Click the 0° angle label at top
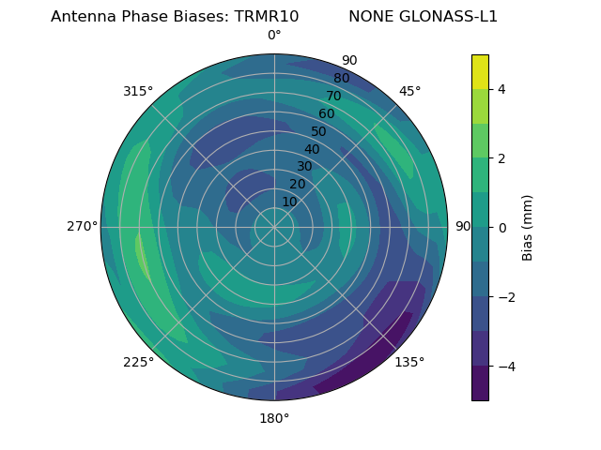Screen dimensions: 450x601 (x=274, y=36)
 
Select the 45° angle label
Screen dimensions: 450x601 (x=409, y=91)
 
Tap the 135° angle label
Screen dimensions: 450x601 (x=409, y=362)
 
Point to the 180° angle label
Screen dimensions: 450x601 (x=274, y=418)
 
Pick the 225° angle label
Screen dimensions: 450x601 (x=138, y=363)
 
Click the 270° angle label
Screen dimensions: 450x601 (x=82, y=226)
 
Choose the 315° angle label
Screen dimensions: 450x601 (x=138, y=91)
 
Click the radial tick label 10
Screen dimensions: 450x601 (x=289, y=202)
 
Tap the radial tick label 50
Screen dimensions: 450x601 (x=319, y=131)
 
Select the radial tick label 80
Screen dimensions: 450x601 (x=341, y=79)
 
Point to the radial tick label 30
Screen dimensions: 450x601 (x=304, y=166)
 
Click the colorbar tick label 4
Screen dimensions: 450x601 (x=502, y=89)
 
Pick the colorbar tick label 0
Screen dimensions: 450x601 (x=502, y=228)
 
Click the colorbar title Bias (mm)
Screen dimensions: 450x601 (x=528, y=228)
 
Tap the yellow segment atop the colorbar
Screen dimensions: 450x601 (x=480, y=71)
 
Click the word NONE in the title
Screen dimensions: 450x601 (x=372, y=17)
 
